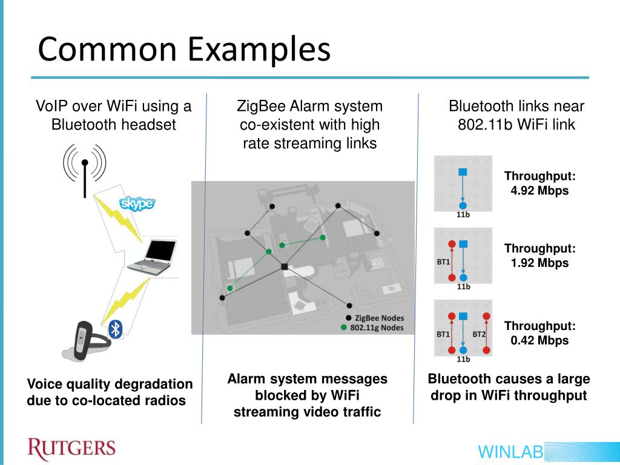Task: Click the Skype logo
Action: (137, 203)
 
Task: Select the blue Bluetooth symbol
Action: (115, 329)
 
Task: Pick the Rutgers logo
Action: (71, 449)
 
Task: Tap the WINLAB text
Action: (510, 452)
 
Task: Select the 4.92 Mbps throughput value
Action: (539, 191)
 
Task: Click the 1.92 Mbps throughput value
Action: (539, 263)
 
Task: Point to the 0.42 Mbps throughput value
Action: (539, 340)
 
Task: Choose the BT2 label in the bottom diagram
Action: (479, 334)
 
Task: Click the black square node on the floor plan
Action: (285, 267)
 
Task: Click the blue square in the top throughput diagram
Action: (463, 172)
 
